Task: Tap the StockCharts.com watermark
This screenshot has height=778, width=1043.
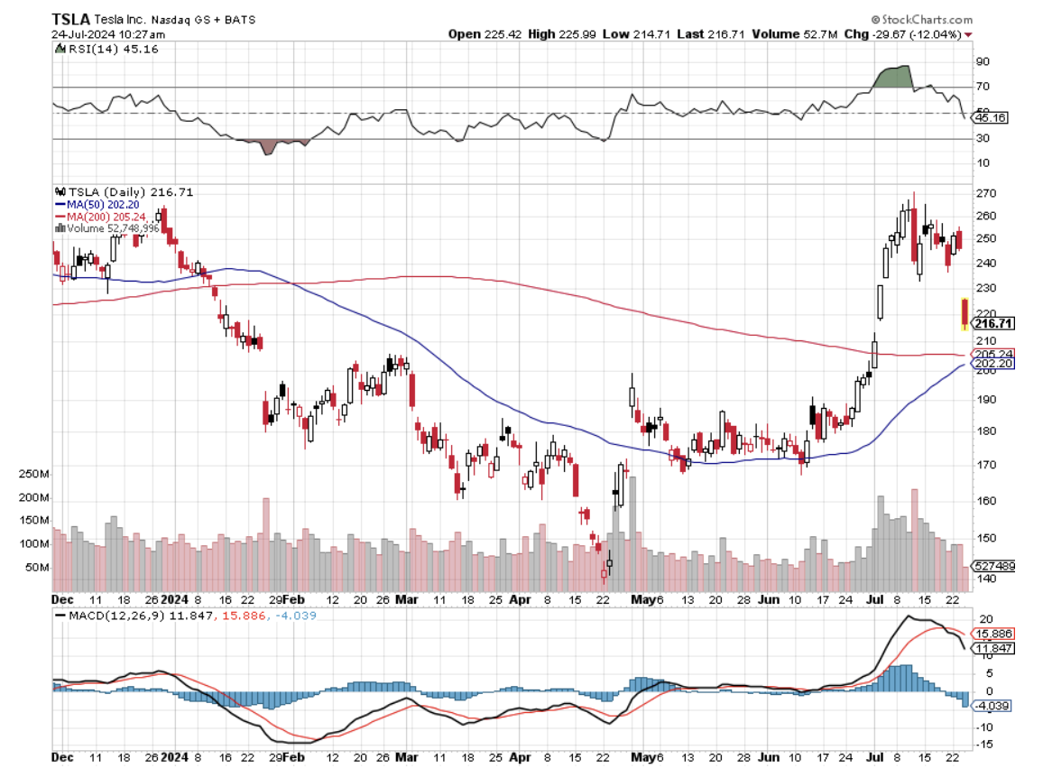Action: click(921, 19)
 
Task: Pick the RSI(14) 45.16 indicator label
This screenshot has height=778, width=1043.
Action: click(107, 49)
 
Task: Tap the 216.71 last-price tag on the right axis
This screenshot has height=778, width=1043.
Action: click(989, 323)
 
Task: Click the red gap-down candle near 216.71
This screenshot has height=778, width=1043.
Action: click(965, 313)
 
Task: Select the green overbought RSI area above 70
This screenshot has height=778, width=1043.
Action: click(892, 77)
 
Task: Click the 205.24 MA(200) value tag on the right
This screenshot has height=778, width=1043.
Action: click(989, 354)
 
